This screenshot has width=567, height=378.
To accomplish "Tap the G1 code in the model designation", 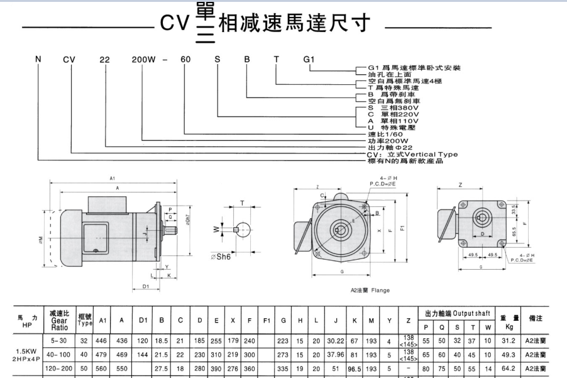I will [309, 60].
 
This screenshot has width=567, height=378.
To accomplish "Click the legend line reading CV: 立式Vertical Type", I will [412, 154].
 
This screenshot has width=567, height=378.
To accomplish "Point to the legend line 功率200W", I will [388, 141].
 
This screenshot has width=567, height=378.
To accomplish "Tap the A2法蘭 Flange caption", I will [370, 290].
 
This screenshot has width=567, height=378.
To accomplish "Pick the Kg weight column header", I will [510, 327].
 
